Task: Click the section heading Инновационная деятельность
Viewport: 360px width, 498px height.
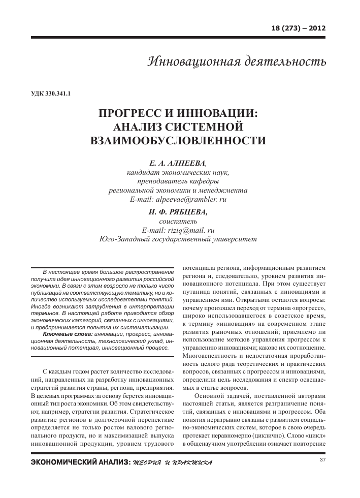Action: coord(236,61)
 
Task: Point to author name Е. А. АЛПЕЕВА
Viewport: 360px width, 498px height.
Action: coord(178,164)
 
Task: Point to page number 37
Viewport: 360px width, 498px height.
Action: coord(322,460)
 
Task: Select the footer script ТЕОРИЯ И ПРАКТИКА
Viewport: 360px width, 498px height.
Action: coord(172,463)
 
